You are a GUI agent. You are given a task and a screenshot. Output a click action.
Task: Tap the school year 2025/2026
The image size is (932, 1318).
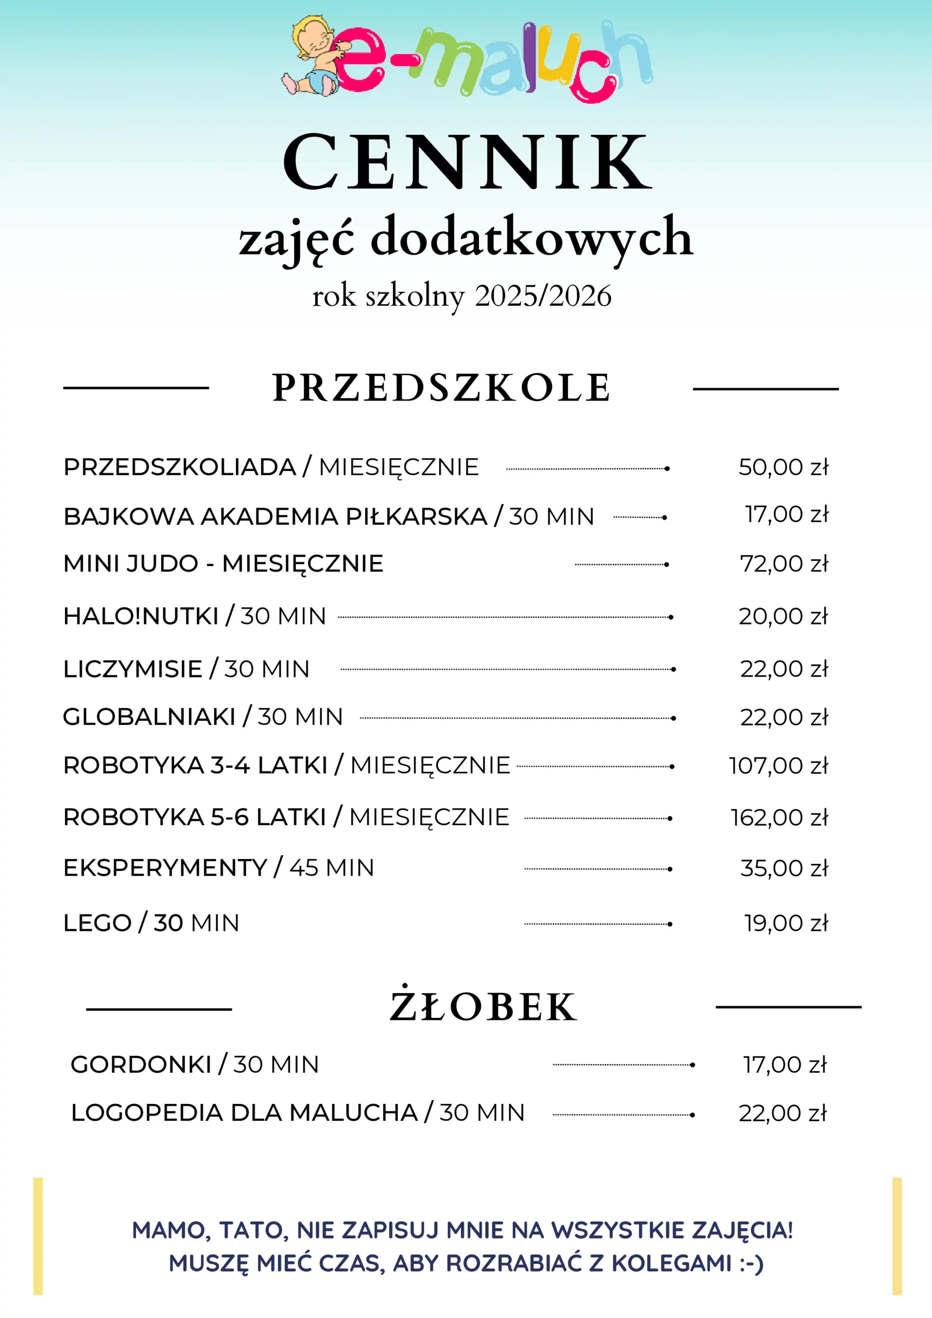coord(543,296)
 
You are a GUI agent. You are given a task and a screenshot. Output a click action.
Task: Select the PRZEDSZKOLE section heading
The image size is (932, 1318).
coord(441,388)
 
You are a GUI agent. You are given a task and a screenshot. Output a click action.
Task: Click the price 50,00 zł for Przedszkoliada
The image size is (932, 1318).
coord(783,467)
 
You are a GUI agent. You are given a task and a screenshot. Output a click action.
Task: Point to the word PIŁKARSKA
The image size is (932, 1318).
coord(416,516)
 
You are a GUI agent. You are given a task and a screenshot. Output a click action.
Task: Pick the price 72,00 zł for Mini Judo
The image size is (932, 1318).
coord(784,564)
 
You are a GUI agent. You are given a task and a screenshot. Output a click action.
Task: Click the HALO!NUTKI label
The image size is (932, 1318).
coord(141,616)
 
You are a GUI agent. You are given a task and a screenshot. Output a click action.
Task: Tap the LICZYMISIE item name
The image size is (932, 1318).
coord(133,669)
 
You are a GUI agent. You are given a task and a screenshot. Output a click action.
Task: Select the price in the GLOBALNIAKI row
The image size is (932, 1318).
coord(784,718)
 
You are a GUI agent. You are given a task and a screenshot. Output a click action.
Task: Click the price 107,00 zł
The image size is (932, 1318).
coord(778,766)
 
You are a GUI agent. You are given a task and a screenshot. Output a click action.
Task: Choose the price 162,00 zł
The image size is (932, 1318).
coord(779,818)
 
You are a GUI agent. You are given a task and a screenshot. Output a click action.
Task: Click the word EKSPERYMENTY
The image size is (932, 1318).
coord(165,868)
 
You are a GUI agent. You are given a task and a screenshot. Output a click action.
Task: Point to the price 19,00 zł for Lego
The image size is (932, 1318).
coord(786,923)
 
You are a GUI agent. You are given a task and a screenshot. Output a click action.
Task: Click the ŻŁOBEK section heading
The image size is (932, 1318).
coord(482,1007)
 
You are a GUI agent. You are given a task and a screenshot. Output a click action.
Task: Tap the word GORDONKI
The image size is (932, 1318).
coord(141,1065)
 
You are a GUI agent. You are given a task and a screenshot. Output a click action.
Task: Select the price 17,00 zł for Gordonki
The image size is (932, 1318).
coord(784,1065)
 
